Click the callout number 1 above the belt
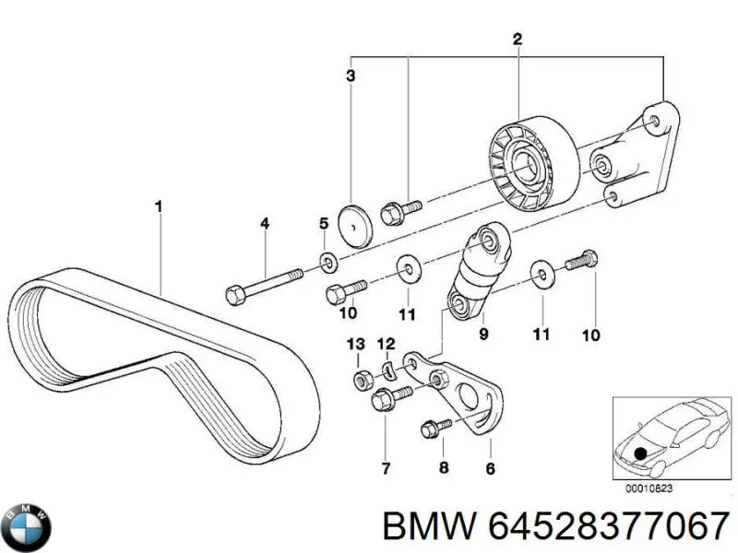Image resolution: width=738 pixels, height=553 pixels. pos(159,207)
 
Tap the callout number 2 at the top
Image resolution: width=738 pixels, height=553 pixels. pos(518,39)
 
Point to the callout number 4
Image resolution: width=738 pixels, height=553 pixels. pos(265,223)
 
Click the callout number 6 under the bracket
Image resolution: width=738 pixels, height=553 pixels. pos(490,468)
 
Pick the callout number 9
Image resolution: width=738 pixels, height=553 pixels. pos(482,324)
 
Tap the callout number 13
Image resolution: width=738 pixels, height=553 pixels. pos(356,344)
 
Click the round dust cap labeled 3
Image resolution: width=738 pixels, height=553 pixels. pos(351,226)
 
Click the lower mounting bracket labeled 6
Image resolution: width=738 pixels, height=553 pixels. pos(466,396)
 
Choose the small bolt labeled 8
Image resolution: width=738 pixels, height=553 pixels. pos(434,429)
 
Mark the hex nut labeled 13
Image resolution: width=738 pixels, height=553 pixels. pos(363,378)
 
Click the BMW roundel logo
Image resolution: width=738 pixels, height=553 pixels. pos(27,528)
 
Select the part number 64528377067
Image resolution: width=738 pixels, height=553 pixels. pos(610,527)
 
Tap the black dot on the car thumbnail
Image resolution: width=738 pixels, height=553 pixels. pos(640,454)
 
